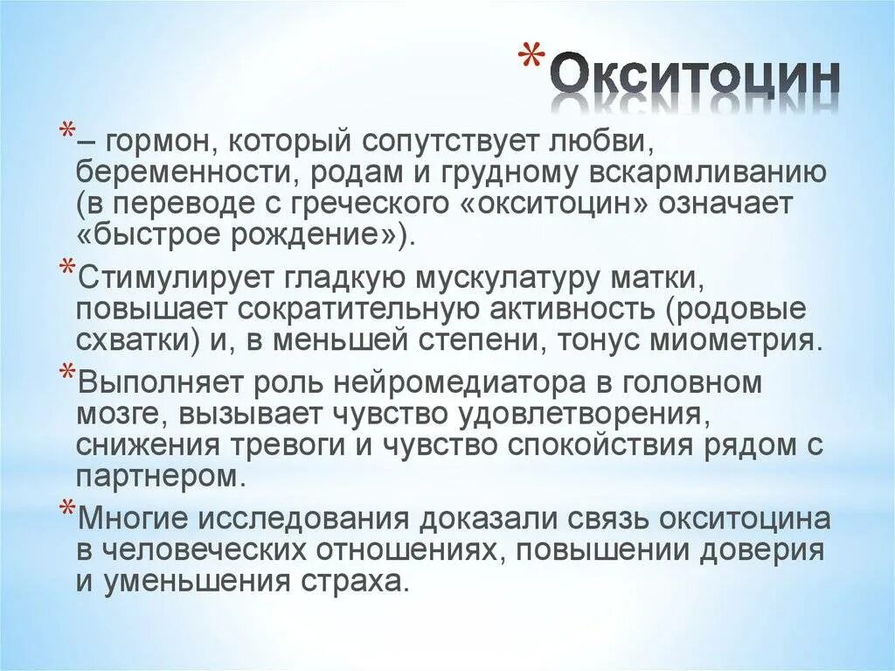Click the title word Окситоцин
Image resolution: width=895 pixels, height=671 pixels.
[696, 80]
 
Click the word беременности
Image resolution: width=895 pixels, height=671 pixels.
[185, 173]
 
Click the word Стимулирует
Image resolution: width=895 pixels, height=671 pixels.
[172, 278]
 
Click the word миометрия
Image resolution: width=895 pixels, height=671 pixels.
[725, 340]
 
